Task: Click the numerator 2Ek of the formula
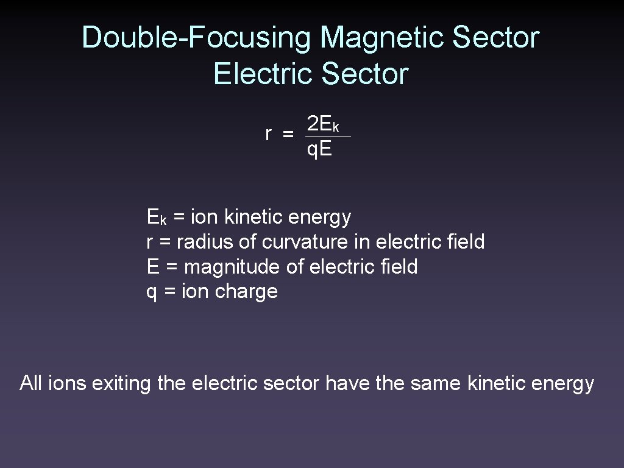(x=323, y=125)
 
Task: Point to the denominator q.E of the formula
(x=319, y=149)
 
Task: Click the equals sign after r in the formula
(x=288, y=135)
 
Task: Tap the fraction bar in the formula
(x=328, y=137)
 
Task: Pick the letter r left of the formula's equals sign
(x=269, y=135)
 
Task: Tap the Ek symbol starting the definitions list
(x=157, y=217)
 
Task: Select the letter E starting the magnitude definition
(x=152, y=267)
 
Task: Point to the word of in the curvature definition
(x=248, y=242)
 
